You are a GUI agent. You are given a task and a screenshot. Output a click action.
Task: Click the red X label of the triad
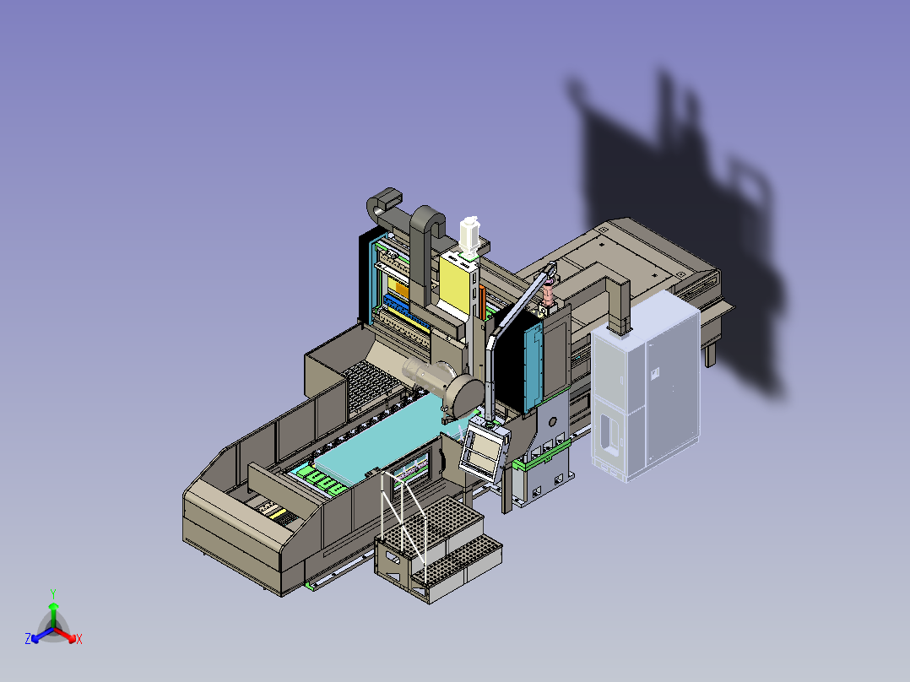click(x=79, y=639)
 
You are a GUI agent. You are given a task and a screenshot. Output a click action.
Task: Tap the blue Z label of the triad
click(x=28, y=638)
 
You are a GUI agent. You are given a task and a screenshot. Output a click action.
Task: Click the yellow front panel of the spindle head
click(x=454, y=283)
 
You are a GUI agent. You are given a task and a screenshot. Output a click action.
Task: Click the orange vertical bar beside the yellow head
click(x=482, y=302)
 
